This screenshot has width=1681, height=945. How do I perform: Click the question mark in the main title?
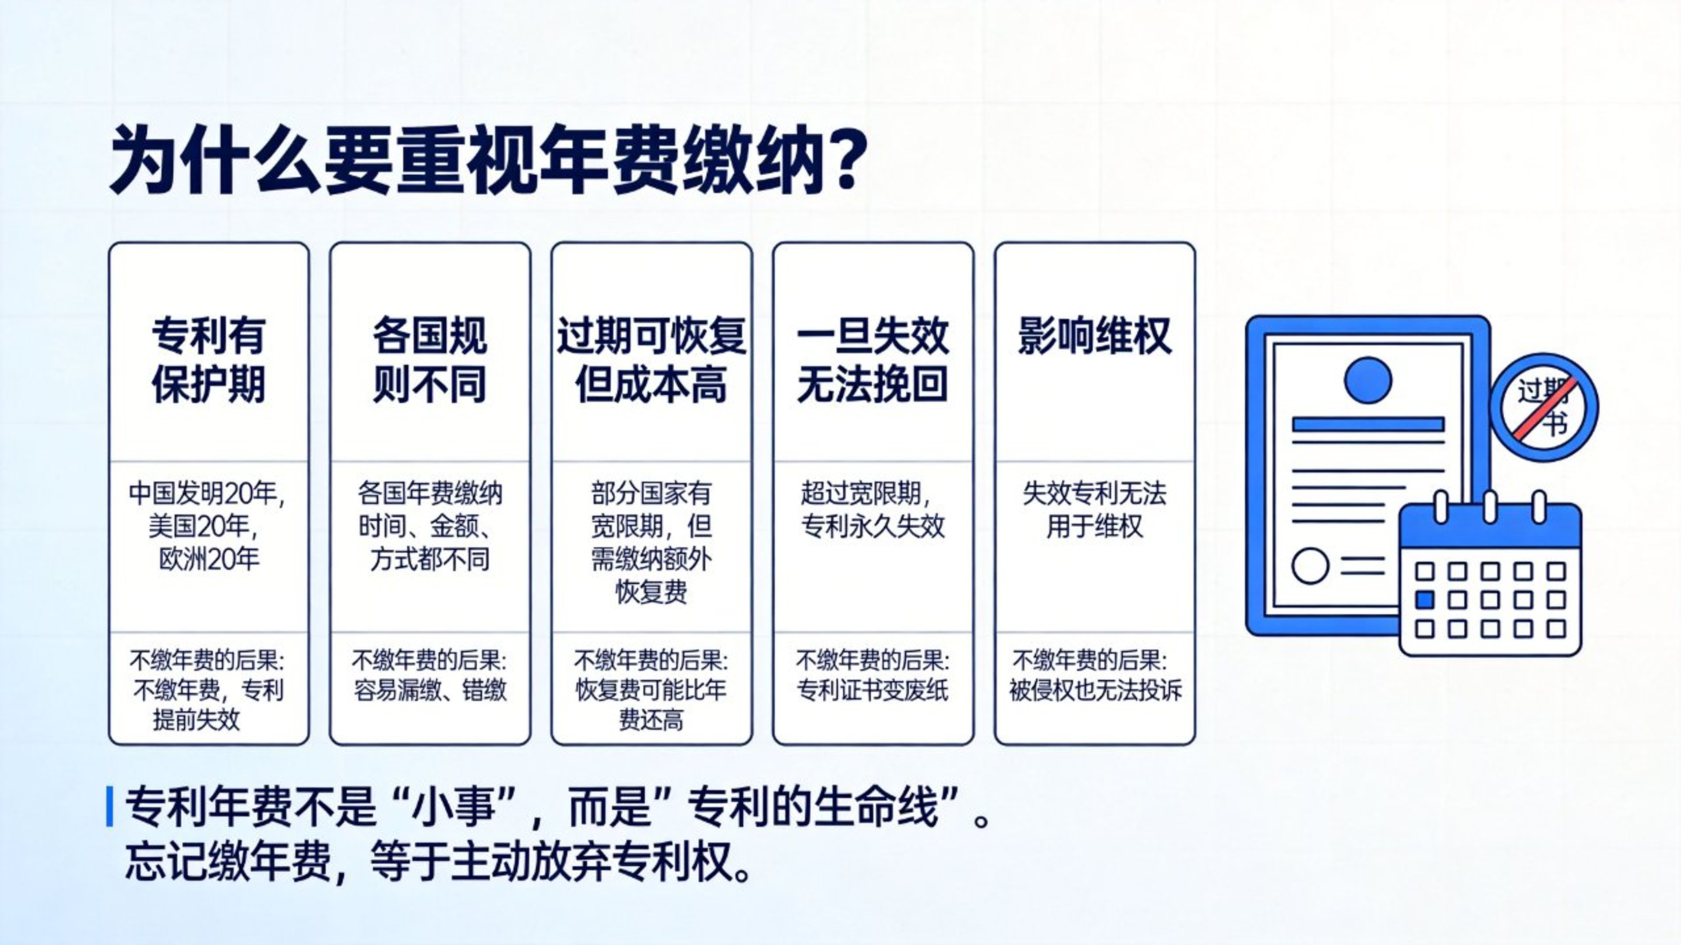[845, 159]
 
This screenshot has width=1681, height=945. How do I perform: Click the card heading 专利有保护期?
[209, 360]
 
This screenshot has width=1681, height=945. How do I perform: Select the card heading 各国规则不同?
[430, 360]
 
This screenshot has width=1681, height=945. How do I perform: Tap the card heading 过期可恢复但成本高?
[651, 360]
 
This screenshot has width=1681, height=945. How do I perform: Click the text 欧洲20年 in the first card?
[209, 559]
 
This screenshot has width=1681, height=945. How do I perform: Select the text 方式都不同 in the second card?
[430, 559]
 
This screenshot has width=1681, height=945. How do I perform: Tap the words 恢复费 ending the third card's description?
[651, 592]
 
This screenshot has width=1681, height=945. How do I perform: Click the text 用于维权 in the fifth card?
[1095, 526]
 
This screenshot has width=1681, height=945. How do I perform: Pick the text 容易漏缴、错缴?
[430, 690]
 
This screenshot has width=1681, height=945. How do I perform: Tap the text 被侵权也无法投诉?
[1095, 690]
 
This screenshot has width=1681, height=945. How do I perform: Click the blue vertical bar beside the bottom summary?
[110, 807]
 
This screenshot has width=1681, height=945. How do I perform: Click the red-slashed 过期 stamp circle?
[1544, 407]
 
